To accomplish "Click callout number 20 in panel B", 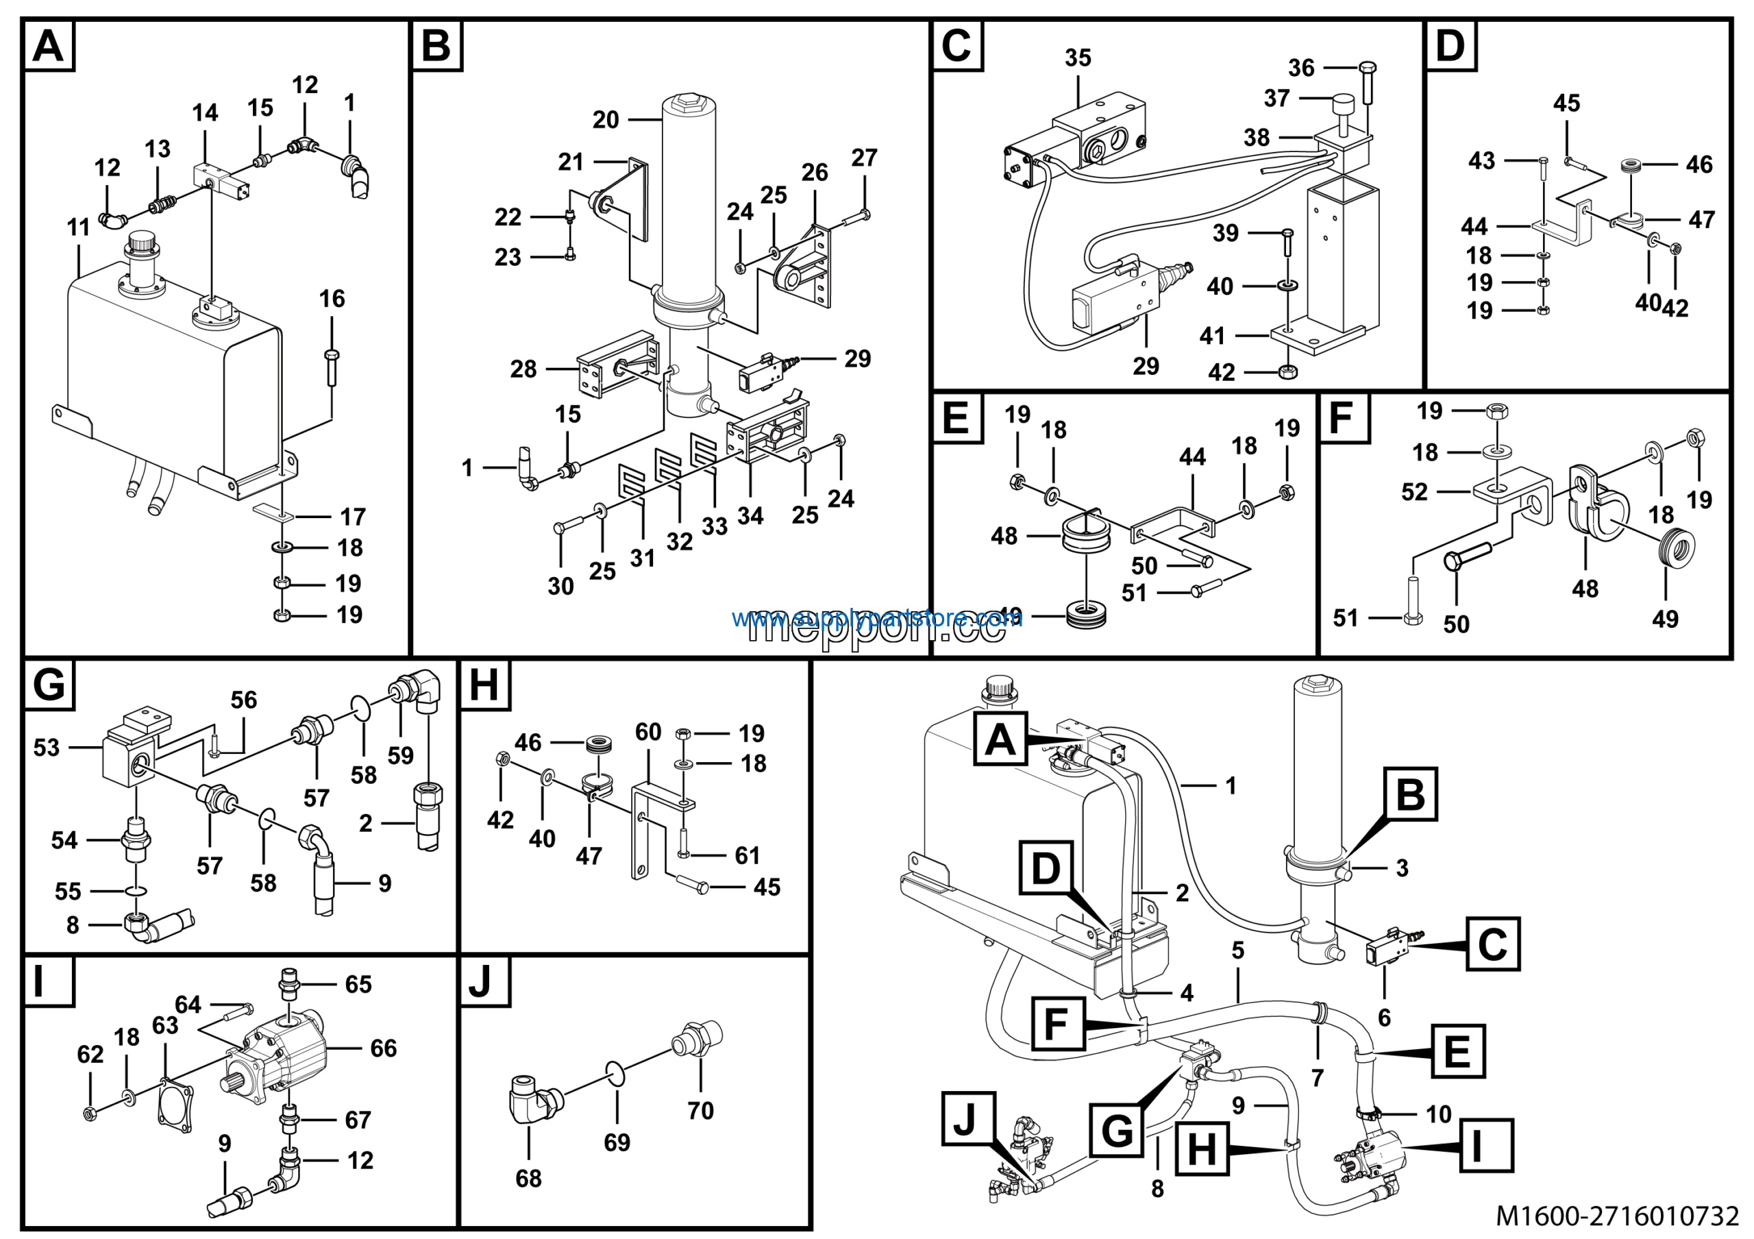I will pyautogui.click(x=605, y=120).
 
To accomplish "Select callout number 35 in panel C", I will pyautogui.click(x=1077, y=58).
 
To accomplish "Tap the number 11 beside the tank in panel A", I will pyautogui.click(x=79, y=227).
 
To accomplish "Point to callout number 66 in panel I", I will pyautogui.click(x=383, y=1048).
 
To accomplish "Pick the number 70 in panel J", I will pyautogui.click(x=700, y=1110).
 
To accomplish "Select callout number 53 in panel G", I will pyautogui.click(x=46, y=747).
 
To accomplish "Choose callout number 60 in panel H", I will pyautogui.click(x=648, y=732).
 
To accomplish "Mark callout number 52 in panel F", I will pyautogui.click(x=1414, y=491).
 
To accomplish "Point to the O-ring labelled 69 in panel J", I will pyautogui.click(x=617, y=1072).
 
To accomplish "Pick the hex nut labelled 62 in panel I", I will pyautogui.click(x=89, y=1114).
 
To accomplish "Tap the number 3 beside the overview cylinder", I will pyautogui.click(x=1402, y=868).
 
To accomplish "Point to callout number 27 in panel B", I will pyautogui.click(x=864, y=158).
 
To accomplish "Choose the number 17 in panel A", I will pyautogui.click(x=352, y=517).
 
